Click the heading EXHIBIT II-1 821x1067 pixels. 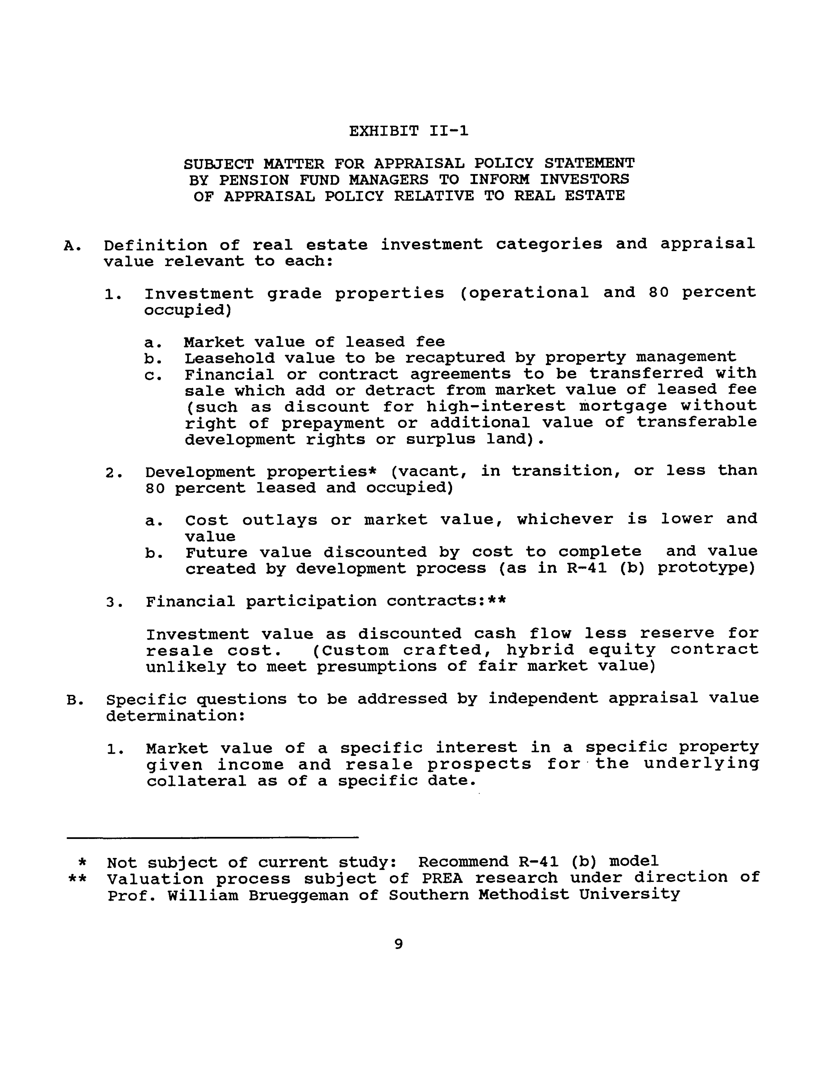408,131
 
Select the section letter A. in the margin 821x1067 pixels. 72,245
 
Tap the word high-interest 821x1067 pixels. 495,406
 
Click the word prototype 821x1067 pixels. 706,569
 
